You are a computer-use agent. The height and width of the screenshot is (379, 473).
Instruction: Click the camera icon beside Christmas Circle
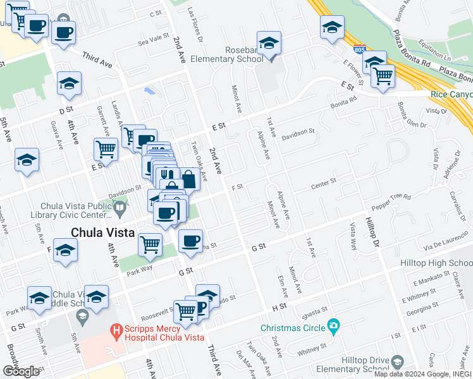click(333, 327)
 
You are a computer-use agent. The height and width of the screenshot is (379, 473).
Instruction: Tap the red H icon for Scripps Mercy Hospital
click(116, 329)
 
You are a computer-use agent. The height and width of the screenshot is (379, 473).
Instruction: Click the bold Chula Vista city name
click(102, 232)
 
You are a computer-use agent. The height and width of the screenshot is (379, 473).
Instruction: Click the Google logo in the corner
click(21, 371)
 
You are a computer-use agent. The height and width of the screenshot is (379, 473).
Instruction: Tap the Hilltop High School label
click(436, 262)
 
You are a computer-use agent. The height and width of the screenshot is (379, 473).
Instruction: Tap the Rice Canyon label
click(450, 94)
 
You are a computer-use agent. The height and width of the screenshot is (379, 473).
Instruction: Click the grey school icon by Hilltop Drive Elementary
click(396, 361)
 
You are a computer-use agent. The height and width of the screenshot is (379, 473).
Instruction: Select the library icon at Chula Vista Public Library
click(120, 207)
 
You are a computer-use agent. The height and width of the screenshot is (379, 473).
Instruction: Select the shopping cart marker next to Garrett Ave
click(106, 149)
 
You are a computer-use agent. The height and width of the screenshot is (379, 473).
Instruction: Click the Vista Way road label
click(353, 236)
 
